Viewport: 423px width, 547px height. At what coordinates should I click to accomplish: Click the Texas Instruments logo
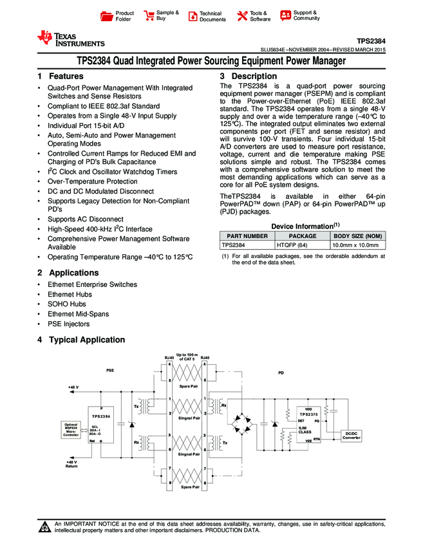pos(71,39)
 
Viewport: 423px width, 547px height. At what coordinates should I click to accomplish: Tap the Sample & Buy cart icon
pos(149,15)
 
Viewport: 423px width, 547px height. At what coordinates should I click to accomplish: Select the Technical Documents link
pos(212,16)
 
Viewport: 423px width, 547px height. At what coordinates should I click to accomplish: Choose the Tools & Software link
pos(259,16)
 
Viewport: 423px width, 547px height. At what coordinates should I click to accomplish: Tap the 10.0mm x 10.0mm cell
pos(357,245)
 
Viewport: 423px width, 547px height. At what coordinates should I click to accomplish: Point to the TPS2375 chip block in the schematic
pos(308,424)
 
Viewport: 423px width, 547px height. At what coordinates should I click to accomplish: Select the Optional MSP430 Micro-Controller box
pos(70,430)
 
